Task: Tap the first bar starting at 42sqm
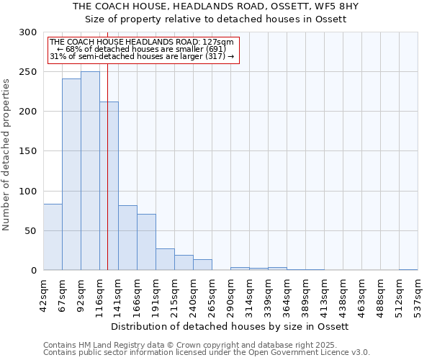[x=53, y=237]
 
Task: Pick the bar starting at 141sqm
[x=127, y=238]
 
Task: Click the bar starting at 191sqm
[x=165, y=259]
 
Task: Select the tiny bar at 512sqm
[x=408, y=269]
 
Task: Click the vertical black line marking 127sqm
[x=107, y=144]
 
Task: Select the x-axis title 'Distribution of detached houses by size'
[x=230, y=326]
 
